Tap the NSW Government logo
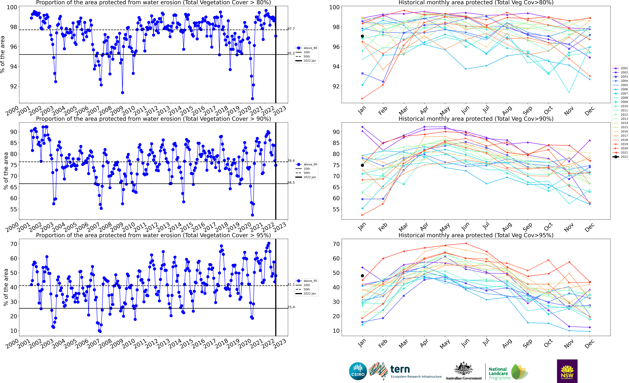coord(567,371)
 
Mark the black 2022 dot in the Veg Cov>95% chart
coord(362,276)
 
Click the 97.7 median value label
coord(291,29)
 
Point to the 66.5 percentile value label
coord(291,183)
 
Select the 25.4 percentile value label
coord(291,307)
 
